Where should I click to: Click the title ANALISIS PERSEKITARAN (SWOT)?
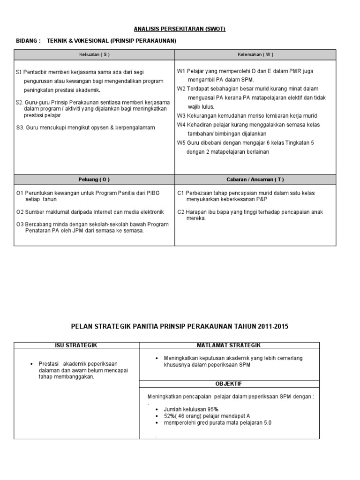coord(180,29)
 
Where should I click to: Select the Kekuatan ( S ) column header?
coord(94,55)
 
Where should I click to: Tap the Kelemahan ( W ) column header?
coord(255,55)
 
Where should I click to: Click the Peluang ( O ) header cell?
coord(94,180)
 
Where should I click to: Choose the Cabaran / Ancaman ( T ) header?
coord(255,180)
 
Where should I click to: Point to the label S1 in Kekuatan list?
coord(19,72)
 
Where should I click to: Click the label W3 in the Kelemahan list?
coord(181,116)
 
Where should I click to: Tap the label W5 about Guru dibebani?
coord(181,142)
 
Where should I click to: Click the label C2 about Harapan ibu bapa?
coord(181,212)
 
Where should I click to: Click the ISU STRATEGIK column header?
coord(76,345)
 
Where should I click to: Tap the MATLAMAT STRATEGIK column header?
coord(229,345)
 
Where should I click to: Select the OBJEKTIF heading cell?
coord(229,383)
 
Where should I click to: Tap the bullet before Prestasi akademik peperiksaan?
coord(30,364)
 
